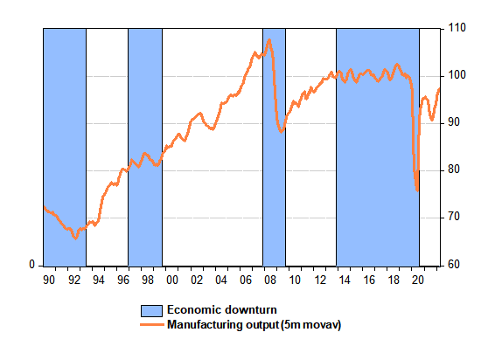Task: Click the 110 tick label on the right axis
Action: point(457,28)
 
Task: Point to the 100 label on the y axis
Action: point(457,75)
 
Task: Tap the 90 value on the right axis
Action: point(454,122)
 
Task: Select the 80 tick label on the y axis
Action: point(454,170)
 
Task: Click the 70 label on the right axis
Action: point(454,217)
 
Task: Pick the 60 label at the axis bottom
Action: point(454,265)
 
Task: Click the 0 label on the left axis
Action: point(31,265)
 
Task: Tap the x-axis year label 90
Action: point(49,280)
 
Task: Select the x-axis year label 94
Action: point(98,280)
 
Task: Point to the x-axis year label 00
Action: point(172,280)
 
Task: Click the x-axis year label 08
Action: point(270,280)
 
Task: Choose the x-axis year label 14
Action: point(344,280)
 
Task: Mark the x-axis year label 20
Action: point(418,280)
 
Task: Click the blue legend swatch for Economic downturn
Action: point(151,311)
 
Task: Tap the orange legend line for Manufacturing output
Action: point(152,325)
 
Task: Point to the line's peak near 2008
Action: point(269,39)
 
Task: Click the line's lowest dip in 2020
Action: point(417,190)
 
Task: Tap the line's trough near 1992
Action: point(75,239)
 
